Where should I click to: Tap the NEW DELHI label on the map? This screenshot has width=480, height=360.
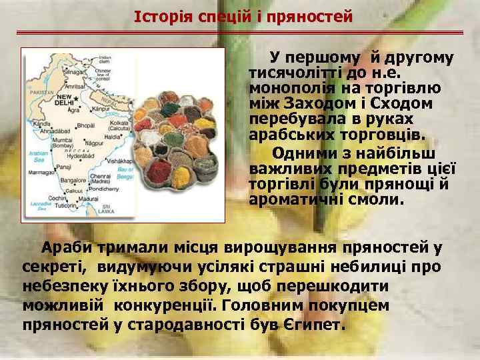63,100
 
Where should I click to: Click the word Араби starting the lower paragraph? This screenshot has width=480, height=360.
67,249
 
